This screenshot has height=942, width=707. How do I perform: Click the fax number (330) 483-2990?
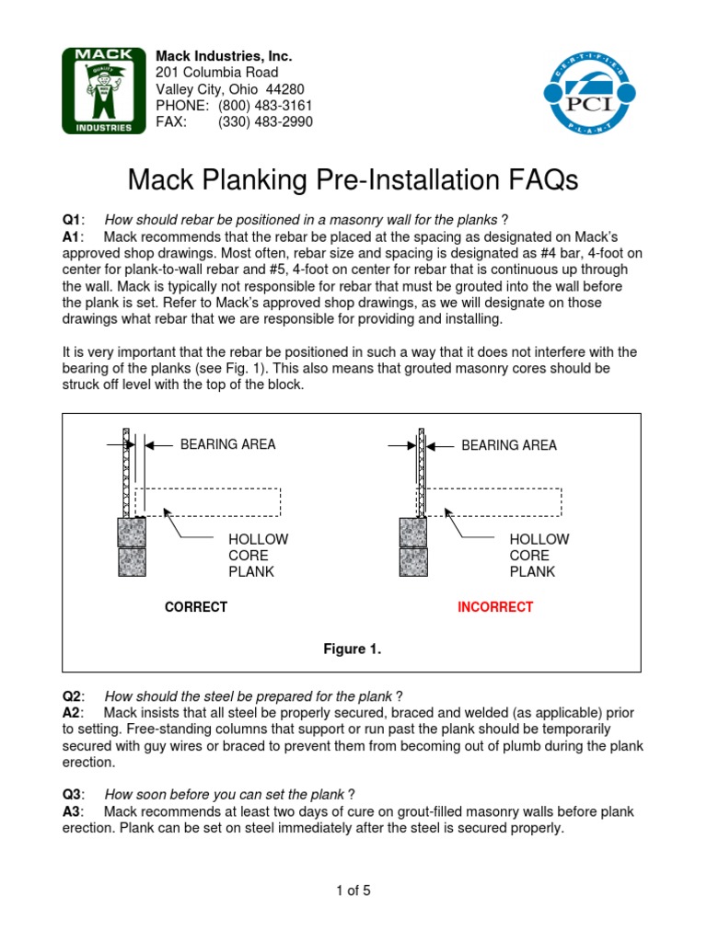(x=265, y=121)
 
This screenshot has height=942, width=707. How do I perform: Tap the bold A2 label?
(x=72, y=713)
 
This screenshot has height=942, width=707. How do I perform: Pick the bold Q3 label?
(x=72, y=794)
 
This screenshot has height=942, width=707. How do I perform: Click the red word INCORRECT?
(x=495, y=607)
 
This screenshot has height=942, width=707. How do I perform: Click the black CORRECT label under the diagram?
(x=195, y=607)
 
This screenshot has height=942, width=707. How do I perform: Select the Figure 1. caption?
(x=352, y=649)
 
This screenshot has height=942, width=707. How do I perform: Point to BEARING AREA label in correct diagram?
(x=227, y=444)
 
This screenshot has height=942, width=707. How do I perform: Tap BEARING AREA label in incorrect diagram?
(x=508, y=444)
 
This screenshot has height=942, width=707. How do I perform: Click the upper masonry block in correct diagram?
(x=131, y=532)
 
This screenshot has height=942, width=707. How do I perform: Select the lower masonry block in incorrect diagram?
(x=412, y=562)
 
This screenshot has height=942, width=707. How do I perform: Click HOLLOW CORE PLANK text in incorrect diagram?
(x=539, y=555)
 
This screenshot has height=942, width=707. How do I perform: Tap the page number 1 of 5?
(x=353, y=890)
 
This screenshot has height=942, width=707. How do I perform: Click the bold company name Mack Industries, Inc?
(x=224, y=56)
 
